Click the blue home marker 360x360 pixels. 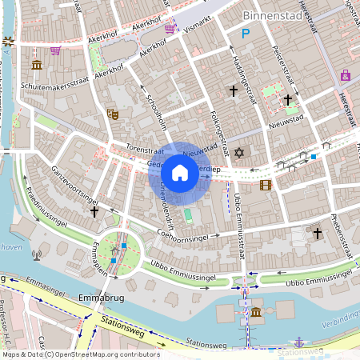(180, 173)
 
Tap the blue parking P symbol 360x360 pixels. (246, 34)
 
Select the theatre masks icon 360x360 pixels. (113, 114)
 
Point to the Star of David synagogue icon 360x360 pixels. (237, 152)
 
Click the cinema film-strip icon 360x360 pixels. (266, 185)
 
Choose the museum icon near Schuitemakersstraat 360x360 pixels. (37, 65)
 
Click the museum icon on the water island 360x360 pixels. (255, 311)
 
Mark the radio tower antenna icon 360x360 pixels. (36, 256)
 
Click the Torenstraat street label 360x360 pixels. (144, 149)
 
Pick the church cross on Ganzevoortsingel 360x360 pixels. (94, 212)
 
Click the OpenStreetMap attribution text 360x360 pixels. (80, 354)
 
